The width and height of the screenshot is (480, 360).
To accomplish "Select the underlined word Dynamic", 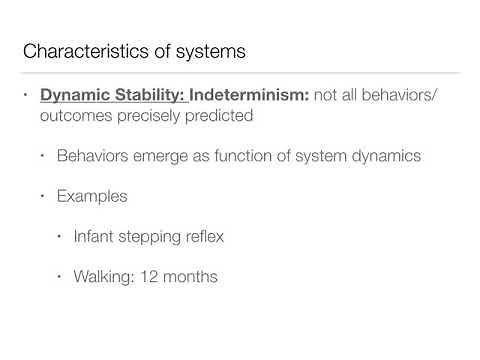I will [74, 96].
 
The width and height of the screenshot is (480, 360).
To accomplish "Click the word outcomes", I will [75, 116].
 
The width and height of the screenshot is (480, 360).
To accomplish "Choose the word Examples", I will [92, 196].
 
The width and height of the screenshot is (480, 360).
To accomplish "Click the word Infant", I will [96, 236].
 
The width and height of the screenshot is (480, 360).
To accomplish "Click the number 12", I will [157, 275].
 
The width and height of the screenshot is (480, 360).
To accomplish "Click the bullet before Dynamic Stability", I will [27, 96].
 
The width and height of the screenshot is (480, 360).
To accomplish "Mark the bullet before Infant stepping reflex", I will [61, 236].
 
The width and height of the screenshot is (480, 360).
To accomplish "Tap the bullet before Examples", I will [44, 196].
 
